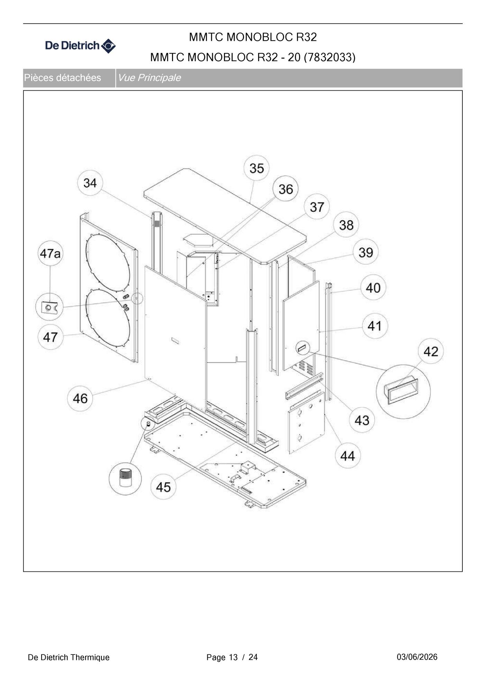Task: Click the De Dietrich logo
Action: coord(80,46)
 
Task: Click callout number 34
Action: coord(90,183)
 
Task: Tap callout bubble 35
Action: coord(256,168)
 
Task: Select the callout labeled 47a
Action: coord(50,253)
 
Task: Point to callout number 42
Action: coord(431,351)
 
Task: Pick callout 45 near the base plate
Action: coord(163,487)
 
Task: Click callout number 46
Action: coord(80,399)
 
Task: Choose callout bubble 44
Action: coord(347,456)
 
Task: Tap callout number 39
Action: coord(365,252)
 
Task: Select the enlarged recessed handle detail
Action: coord(403,391)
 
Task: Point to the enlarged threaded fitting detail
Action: coord(125,478)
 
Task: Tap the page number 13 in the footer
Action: coord(233,657)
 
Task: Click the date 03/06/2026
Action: coord(417,657)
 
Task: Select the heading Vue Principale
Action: coord(149,77)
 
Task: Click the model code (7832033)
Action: coord(329,57)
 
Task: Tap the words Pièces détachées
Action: coord(63,77)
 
